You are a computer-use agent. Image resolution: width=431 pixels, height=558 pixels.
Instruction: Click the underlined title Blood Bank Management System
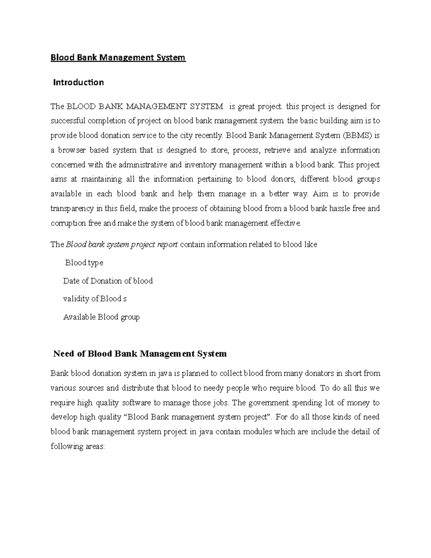click(x=118, y=57)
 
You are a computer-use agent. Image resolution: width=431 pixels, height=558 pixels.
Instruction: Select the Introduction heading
click(x=78, y=82)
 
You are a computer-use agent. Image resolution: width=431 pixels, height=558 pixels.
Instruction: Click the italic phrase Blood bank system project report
click(x=122, y=245)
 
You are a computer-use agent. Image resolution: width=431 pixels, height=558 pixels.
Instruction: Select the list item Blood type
click(x=84, y=263)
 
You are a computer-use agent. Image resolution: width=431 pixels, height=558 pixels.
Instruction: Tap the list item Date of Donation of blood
click(x=108, y=281)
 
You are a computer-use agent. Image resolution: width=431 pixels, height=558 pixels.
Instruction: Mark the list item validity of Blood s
click(x=95, y=299)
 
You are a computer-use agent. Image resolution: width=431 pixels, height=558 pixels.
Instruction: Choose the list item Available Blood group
click(x=101, y=317)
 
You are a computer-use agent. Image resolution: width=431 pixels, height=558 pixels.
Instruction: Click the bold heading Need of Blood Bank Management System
click(x=140, y=354)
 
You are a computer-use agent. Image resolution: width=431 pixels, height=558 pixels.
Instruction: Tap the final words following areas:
click(x=78, y=447)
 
